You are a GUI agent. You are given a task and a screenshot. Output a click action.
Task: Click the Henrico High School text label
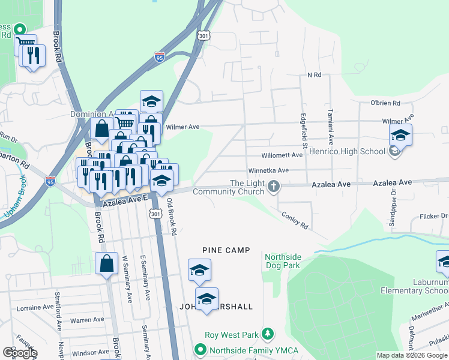347,151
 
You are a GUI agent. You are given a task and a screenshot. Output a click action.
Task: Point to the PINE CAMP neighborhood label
226,250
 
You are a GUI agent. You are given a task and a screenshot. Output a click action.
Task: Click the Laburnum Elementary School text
414,286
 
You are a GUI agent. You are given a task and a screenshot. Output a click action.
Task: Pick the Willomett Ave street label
282,155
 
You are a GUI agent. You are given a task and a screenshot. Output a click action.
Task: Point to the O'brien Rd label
385,103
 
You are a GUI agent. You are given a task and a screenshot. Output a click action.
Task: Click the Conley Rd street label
294,221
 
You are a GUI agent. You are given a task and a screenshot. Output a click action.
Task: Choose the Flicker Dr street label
430,216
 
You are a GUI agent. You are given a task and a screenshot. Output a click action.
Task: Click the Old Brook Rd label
171,217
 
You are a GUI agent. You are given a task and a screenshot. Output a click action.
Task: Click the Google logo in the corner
19,353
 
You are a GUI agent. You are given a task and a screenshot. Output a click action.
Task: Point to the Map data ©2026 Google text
411,355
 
